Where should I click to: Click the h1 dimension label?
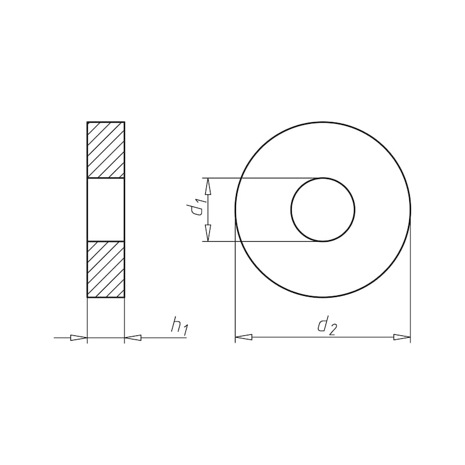[x=180, y=328]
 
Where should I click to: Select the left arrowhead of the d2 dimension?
[x=244, y=337]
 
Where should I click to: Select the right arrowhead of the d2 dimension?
[x=402, y=337]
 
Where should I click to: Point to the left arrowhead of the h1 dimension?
[x=78, y=338]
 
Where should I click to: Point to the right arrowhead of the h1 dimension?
[x=133, y=338]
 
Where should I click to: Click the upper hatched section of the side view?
[x=106, y=150]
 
